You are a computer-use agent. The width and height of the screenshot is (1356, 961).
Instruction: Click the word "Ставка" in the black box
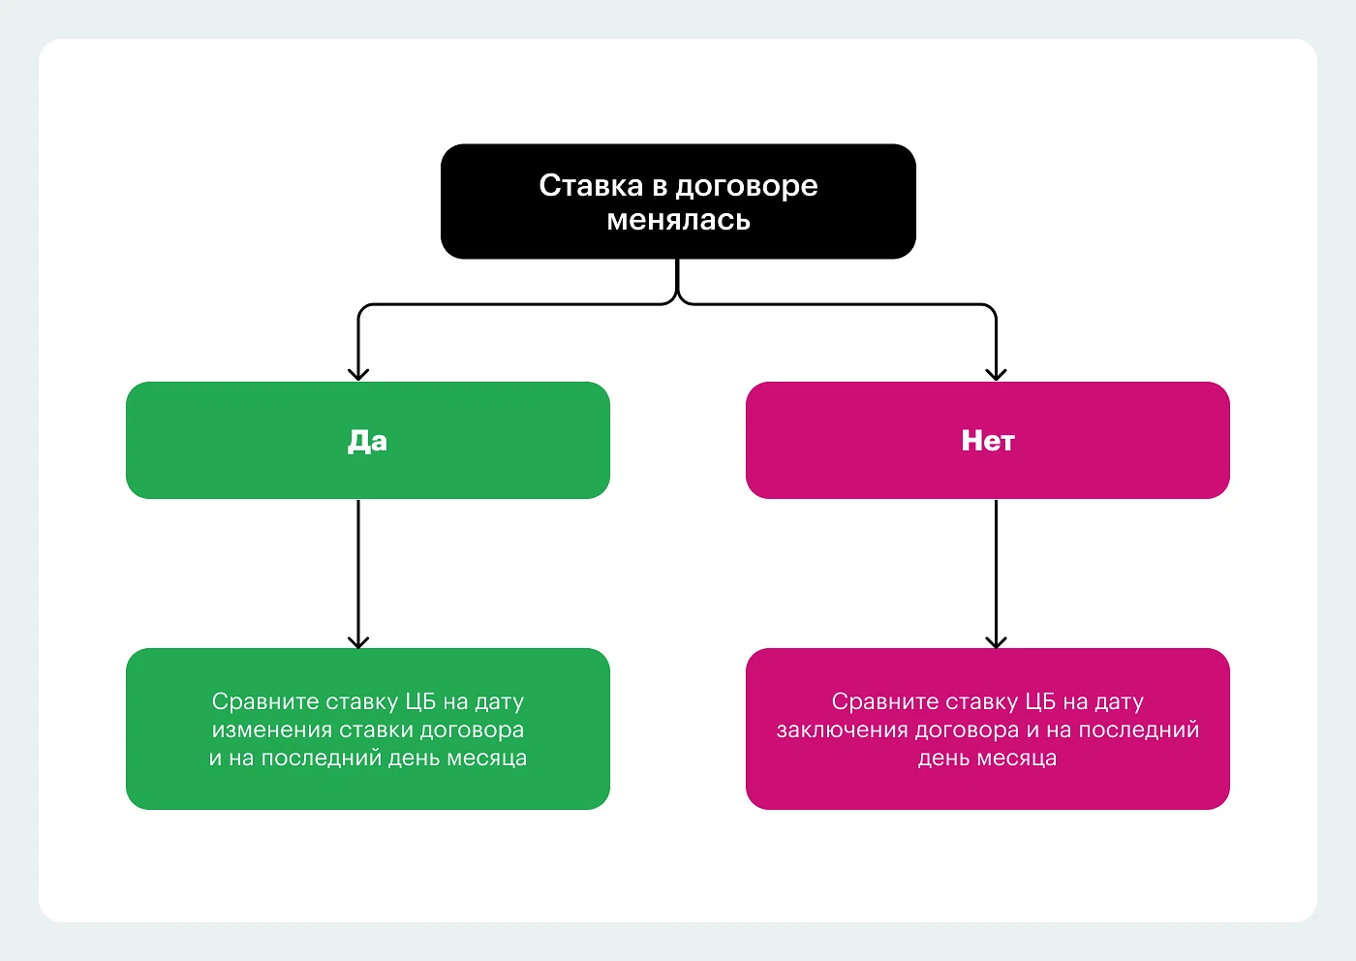[591, 185]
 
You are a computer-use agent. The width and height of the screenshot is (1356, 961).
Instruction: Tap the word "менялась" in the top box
[678, 220]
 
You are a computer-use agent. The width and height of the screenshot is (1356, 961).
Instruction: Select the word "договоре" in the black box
[746, 186]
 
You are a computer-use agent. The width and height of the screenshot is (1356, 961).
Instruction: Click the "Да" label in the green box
[367, 441]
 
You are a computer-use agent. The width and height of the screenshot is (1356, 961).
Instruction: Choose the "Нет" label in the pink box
[987, 441]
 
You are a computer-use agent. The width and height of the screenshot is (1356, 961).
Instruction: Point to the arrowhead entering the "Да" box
[358, 373]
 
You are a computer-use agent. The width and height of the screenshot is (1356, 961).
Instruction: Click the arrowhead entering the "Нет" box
[996, 373]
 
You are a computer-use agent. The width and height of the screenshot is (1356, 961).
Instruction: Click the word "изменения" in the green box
[272, 729]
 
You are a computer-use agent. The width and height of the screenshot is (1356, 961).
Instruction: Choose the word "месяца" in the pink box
[1017, 758]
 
